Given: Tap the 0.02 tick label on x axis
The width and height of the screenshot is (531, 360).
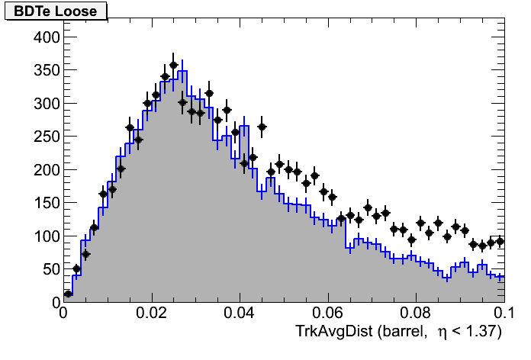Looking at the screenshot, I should point(152,313).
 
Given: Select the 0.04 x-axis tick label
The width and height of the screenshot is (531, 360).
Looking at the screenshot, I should point(240,313).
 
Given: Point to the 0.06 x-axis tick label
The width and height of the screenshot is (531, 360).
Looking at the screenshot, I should point(329,313).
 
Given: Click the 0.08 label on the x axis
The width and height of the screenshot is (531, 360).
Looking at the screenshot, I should point(417,313).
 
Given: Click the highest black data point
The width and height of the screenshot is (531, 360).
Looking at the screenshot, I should point(173,65).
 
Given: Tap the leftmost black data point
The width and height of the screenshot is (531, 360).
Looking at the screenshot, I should point(68,294).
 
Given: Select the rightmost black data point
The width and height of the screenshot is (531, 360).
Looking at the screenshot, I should point(500,241).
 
